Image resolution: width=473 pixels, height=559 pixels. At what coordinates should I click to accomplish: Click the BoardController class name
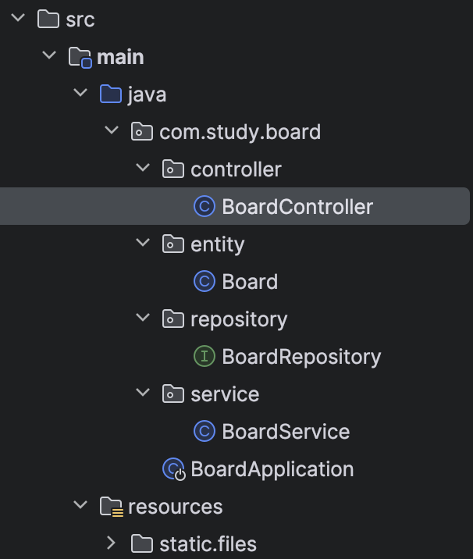tap(297, 207)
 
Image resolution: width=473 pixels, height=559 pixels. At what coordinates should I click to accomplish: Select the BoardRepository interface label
tap(301, 357)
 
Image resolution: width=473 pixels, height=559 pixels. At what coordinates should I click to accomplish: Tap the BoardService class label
tap(286, 432)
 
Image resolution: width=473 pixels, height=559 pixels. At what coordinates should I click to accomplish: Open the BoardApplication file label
tap(272, 469)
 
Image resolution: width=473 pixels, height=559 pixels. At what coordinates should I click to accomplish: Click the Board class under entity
tap(250, 282)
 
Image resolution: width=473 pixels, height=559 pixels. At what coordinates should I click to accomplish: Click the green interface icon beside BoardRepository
tap(204, 357)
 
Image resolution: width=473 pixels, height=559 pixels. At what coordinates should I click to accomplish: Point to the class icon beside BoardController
tap(204, 207)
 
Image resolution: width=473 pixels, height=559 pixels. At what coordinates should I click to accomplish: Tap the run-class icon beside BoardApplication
tap(173, 469)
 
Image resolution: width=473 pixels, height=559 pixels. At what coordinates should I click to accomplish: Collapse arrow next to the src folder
tap(17, 19)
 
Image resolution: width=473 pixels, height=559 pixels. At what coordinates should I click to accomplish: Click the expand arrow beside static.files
tap(111, 543)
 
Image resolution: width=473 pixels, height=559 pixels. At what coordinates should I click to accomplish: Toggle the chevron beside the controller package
tap(142, 169)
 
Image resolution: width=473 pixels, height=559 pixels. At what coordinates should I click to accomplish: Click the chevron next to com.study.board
tap(111, 131)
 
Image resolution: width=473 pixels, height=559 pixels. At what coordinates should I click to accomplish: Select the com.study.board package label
tap(240, 132)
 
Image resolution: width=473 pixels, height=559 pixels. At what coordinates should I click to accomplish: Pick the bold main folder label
tap(120, 57)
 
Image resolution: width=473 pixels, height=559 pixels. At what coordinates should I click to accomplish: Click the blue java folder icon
tap(110, 94)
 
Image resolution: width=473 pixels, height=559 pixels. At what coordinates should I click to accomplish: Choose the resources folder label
tap(175, 507)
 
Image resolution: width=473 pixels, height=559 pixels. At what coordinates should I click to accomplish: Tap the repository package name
tap(239, 319)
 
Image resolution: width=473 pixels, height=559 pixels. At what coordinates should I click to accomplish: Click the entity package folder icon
tap(172, 244)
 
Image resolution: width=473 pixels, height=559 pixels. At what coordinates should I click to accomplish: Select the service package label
tap(225, 394)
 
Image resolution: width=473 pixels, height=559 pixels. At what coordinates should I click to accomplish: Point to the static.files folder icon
tap(141, 543)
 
